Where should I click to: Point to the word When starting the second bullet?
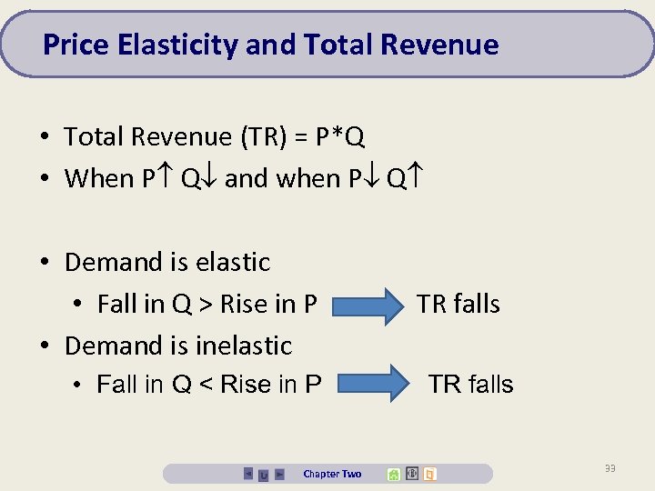[99, 178]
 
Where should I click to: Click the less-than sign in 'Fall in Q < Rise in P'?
[206, 385]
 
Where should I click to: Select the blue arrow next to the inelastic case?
[373, 383]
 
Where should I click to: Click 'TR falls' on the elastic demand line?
[458, 304]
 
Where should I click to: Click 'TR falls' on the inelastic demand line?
[470, 385]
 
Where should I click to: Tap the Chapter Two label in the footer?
[332, 474]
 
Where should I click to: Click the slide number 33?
[610, 468]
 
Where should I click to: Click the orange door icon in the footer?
[430, 474]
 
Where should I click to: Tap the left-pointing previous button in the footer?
[248, 474]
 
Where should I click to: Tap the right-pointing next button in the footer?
[279, 474]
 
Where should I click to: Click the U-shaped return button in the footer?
[264, 475]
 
